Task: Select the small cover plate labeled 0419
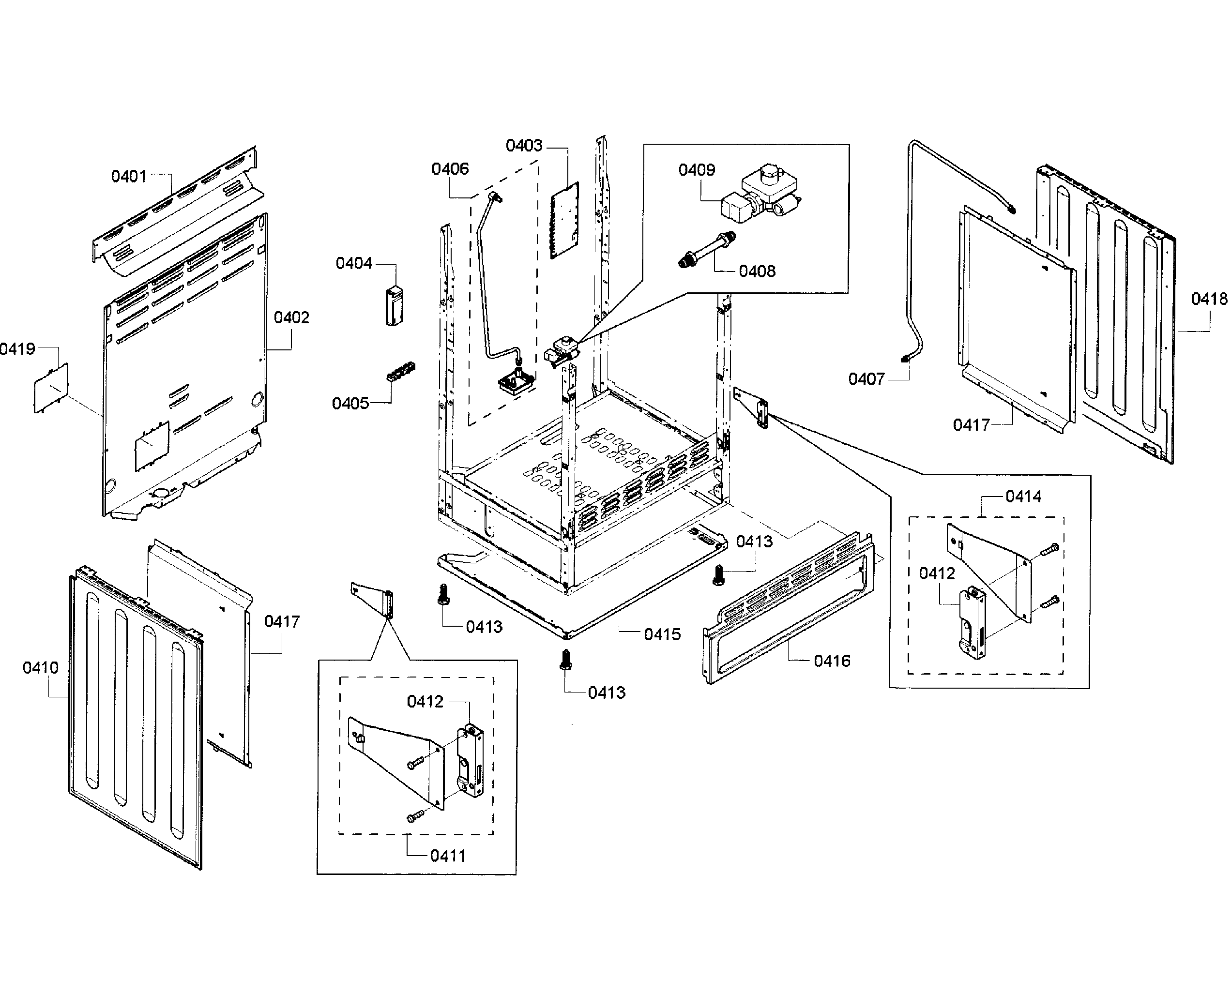pyautogui.click(x=50, y=388)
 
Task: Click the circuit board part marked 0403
pyautogui.click(x=565, y=221)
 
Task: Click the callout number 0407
pyautogui.click(x=866, y=379)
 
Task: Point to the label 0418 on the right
pyautogui.click(x=1209, y=299)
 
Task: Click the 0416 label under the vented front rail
pyautogui.click(x=832, y=662)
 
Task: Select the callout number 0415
pyautogui.click(x=662, y=634)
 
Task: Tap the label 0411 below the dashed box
pyautogui.click(x=447, y=856)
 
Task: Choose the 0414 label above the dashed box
pyautogui.click(x=1023, y=497)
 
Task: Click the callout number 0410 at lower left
pyautogui.click(x=40, y=668)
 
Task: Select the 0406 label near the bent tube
pyautogui.click(x=450, y=169)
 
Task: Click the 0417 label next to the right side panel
pyautogui.click(x=971, y=425)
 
